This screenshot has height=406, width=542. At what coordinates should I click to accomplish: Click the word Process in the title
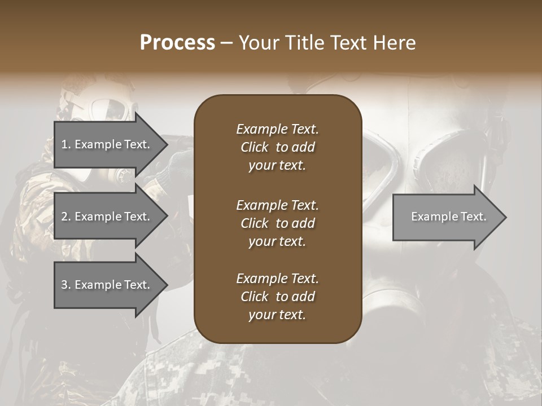(177, 43)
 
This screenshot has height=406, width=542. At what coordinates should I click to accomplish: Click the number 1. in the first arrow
(66, 144)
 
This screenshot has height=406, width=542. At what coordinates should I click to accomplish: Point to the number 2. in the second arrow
(66, 217)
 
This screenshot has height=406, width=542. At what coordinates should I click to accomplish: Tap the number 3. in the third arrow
(66, 285)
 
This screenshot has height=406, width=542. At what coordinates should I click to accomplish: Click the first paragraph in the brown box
(277, 147)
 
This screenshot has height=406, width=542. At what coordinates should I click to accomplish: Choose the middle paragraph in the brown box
(277, 223)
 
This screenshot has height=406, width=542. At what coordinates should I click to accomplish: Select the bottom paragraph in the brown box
(277, 297)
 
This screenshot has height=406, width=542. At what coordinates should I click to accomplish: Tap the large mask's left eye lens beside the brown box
(384, 164)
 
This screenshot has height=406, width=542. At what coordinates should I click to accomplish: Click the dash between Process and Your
(227, 43)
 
